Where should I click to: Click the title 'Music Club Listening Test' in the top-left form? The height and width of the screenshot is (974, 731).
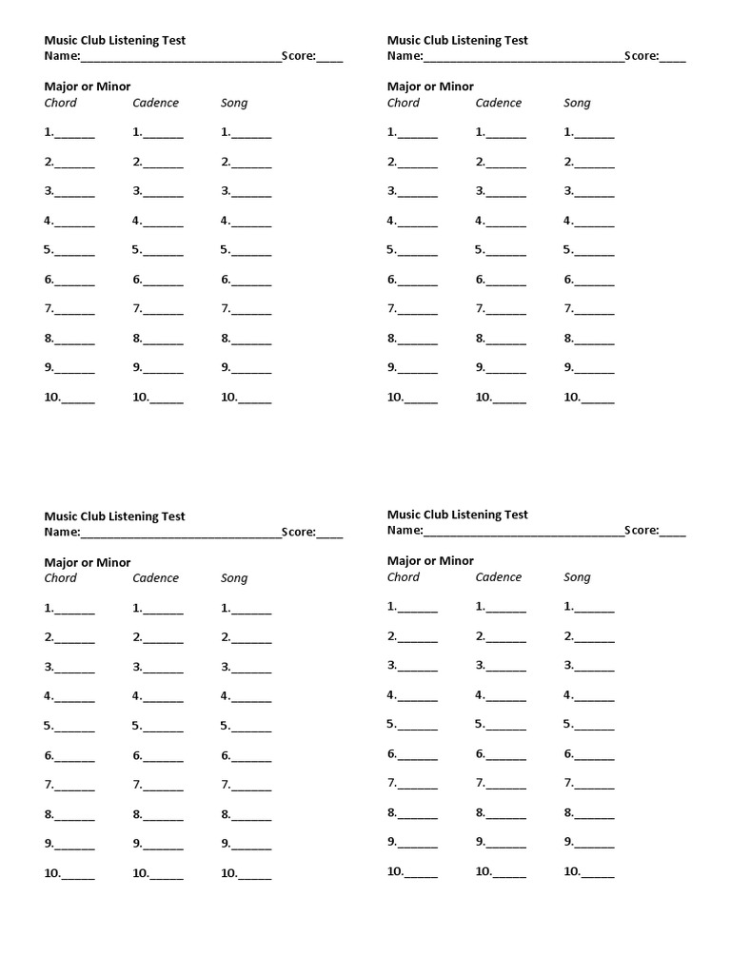click(114, 40)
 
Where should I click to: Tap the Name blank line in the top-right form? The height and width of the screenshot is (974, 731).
click(524, 57)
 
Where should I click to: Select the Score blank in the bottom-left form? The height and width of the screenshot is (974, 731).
click(329, 534)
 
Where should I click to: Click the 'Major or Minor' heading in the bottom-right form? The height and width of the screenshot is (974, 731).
click(430, 560)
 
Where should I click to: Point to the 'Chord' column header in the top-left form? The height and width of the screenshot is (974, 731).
click(60, 103)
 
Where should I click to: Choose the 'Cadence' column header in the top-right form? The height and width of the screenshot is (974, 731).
click(499, 103)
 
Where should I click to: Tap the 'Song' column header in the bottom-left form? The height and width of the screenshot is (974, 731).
click(234, 578)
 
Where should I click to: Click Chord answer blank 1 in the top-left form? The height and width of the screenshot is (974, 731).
click(74, 134)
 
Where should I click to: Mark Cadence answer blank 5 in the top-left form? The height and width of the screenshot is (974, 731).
click(163, 252)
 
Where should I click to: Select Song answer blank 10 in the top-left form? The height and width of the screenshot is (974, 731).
click(254, 399)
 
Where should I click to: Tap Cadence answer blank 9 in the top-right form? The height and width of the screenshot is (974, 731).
click(505, 370)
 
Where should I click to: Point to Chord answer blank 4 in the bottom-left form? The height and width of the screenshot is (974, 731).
click(74, 698)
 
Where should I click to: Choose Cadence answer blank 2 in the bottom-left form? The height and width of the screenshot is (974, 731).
click(163, 639)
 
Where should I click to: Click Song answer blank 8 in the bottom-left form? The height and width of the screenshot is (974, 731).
click(251, 816)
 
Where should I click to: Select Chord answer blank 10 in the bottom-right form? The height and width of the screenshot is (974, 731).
click(421, 873)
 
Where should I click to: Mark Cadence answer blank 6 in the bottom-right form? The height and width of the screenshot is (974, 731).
click(505, 756)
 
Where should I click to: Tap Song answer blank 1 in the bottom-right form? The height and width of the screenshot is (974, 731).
click(595, 608)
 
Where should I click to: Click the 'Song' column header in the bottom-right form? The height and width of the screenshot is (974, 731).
click(577, 577)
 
